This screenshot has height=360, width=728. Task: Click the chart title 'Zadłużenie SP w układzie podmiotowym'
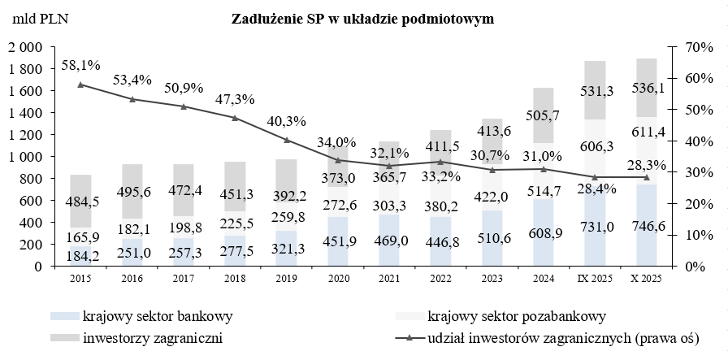pyautogui.click(x=363, y=18)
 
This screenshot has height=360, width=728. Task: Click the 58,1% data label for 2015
pyautogui.click(x=80, y=63)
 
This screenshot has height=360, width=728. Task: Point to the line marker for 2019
pyautogui.click(x=287, y=140)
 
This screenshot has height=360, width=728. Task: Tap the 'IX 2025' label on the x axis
pyautogui.click(x=596, y=280)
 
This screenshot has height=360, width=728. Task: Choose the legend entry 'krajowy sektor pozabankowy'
pyautogui.click(x=516, y=315)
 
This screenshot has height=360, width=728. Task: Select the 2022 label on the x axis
pyautogui.click(x=441, y=280)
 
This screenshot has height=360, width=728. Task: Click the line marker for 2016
pyautogui.click(x=132, y=99)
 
